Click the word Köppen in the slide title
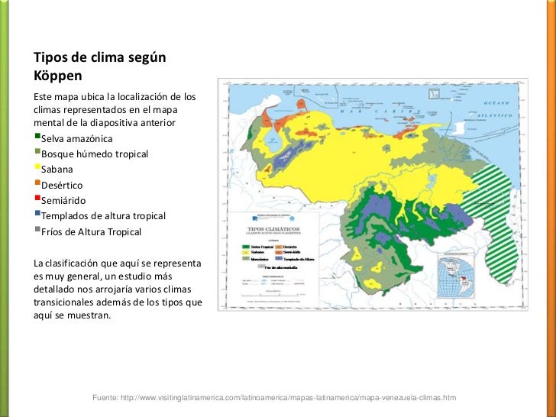57,76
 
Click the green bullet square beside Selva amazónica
37,137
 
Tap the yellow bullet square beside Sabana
37,168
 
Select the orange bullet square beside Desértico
37,184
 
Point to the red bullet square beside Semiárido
37,199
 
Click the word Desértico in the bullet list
63,185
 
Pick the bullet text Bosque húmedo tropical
95,154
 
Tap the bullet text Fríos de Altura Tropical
92,231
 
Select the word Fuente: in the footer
107,399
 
